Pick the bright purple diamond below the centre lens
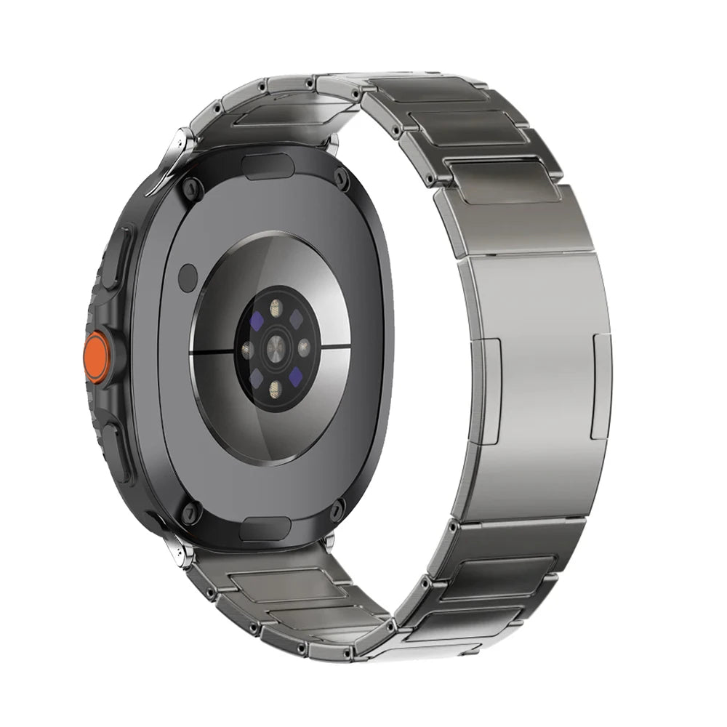[295, 377]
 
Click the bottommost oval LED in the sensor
[275, 388]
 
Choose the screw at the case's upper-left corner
[190, 190]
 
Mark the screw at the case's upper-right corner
[340, 177]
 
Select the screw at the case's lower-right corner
[337, 510]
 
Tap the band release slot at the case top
[268, 166]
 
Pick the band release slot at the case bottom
[265, 529]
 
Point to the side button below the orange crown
[116, 451]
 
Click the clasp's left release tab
[489, 390]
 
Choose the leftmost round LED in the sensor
[247, 348]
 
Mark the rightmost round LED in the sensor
[304, 348]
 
